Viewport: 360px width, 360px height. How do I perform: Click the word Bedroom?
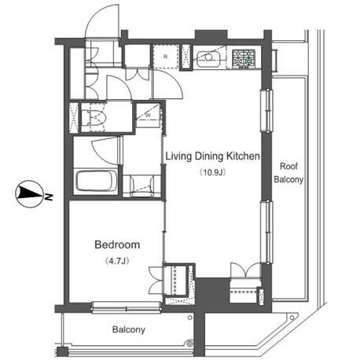click(x=117, y=244)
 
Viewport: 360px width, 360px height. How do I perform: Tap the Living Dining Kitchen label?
click(x=212, y=156)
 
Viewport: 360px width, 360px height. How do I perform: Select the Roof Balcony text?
click(x=288, y=173)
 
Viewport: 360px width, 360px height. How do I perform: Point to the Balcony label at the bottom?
click(x=129, y=329)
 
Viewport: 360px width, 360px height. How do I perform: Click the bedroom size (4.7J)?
click(x=117, y=261)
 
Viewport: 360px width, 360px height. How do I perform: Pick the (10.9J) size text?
click(x=212, y=172)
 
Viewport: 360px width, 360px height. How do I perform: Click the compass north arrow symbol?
click(x=30, y=194)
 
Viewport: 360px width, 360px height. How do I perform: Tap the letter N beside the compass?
click(x=49, y=197)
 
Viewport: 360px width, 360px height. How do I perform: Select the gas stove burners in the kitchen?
click(x=244, y=59)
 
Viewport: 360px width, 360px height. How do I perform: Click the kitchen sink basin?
click(x=208, y=59)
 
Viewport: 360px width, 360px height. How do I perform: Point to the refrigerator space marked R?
click(x=165, y=57)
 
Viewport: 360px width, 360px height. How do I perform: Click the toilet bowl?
click(x=97, y=117)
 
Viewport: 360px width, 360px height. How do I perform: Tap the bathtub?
click(x=96, y=181)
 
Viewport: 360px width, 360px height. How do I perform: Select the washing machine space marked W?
click(x=149, y=115)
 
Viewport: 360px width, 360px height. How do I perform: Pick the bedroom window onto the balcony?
click(x=126, y=307)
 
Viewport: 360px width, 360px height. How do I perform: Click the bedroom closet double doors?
click(x=156, y=281)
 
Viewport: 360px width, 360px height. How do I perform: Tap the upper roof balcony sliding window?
click(x=266, y=110)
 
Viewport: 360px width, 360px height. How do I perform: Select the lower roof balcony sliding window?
click(x=266, y=232)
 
